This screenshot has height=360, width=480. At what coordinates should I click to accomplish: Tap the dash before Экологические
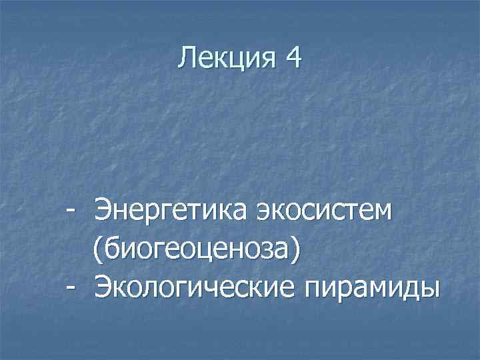click(x=70, y=289)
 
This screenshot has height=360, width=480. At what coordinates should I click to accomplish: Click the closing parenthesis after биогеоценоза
click(x=295, y=251)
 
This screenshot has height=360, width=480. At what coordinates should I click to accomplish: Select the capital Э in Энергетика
click(x=104, y=213)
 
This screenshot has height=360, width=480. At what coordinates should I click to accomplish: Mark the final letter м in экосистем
click(x=384, y=215)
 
